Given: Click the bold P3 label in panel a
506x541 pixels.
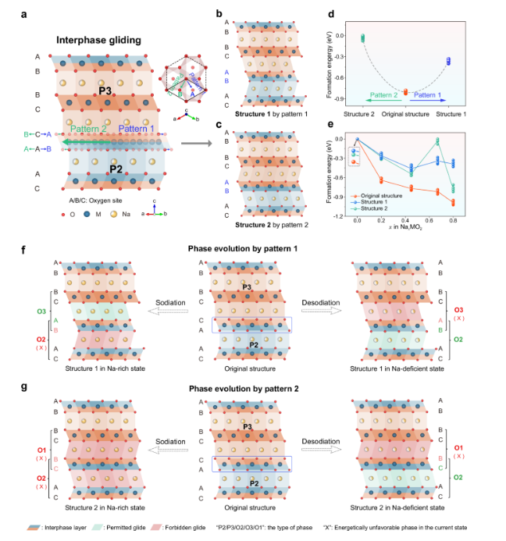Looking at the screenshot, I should (107, 91).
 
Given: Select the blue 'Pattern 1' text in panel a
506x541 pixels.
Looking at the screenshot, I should (137, 130).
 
